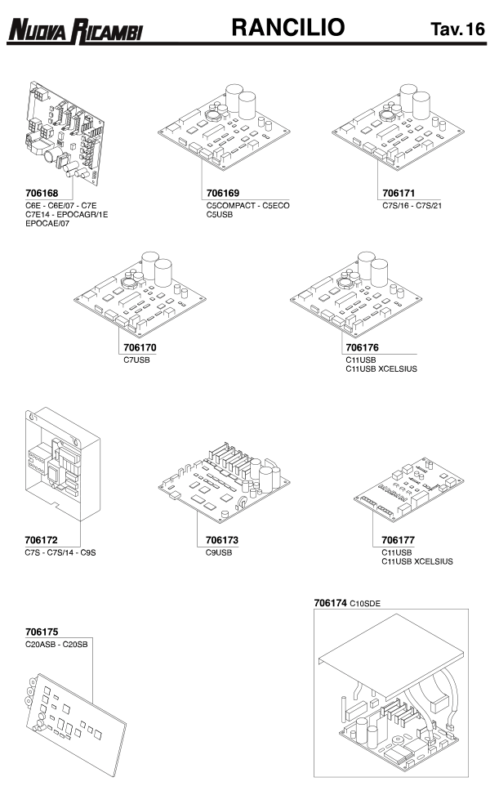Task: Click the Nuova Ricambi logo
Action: coord(75,30)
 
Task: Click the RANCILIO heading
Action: coord(288,27)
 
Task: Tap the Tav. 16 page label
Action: coord(457,29)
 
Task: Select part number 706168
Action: coord(42,194)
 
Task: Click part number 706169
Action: coord(223,194)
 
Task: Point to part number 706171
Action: coord(399,194)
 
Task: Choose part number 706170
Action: coord(140,347)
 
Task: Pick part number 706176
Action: coord(363,347)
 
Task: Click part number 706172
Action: coord(42,540)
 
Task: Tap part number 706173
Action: coord(222,540)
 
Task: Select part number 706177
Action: coord(399,540)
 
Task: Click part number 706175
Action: coord(42,632)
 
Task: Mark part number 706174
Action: coord(331,604)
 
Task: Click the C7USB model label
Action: coord(137,360)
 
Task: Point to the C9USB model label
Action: coord(219,552)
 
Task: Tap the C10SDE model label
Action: coord(365,604)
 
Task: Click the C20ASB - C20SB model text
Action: coord(56,645)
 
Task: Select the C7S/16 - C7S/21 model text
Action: coord(412,206)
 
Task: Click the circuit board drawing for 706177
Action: coord(409,489)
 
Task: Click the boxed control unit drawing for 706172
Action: coord(63,464)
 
